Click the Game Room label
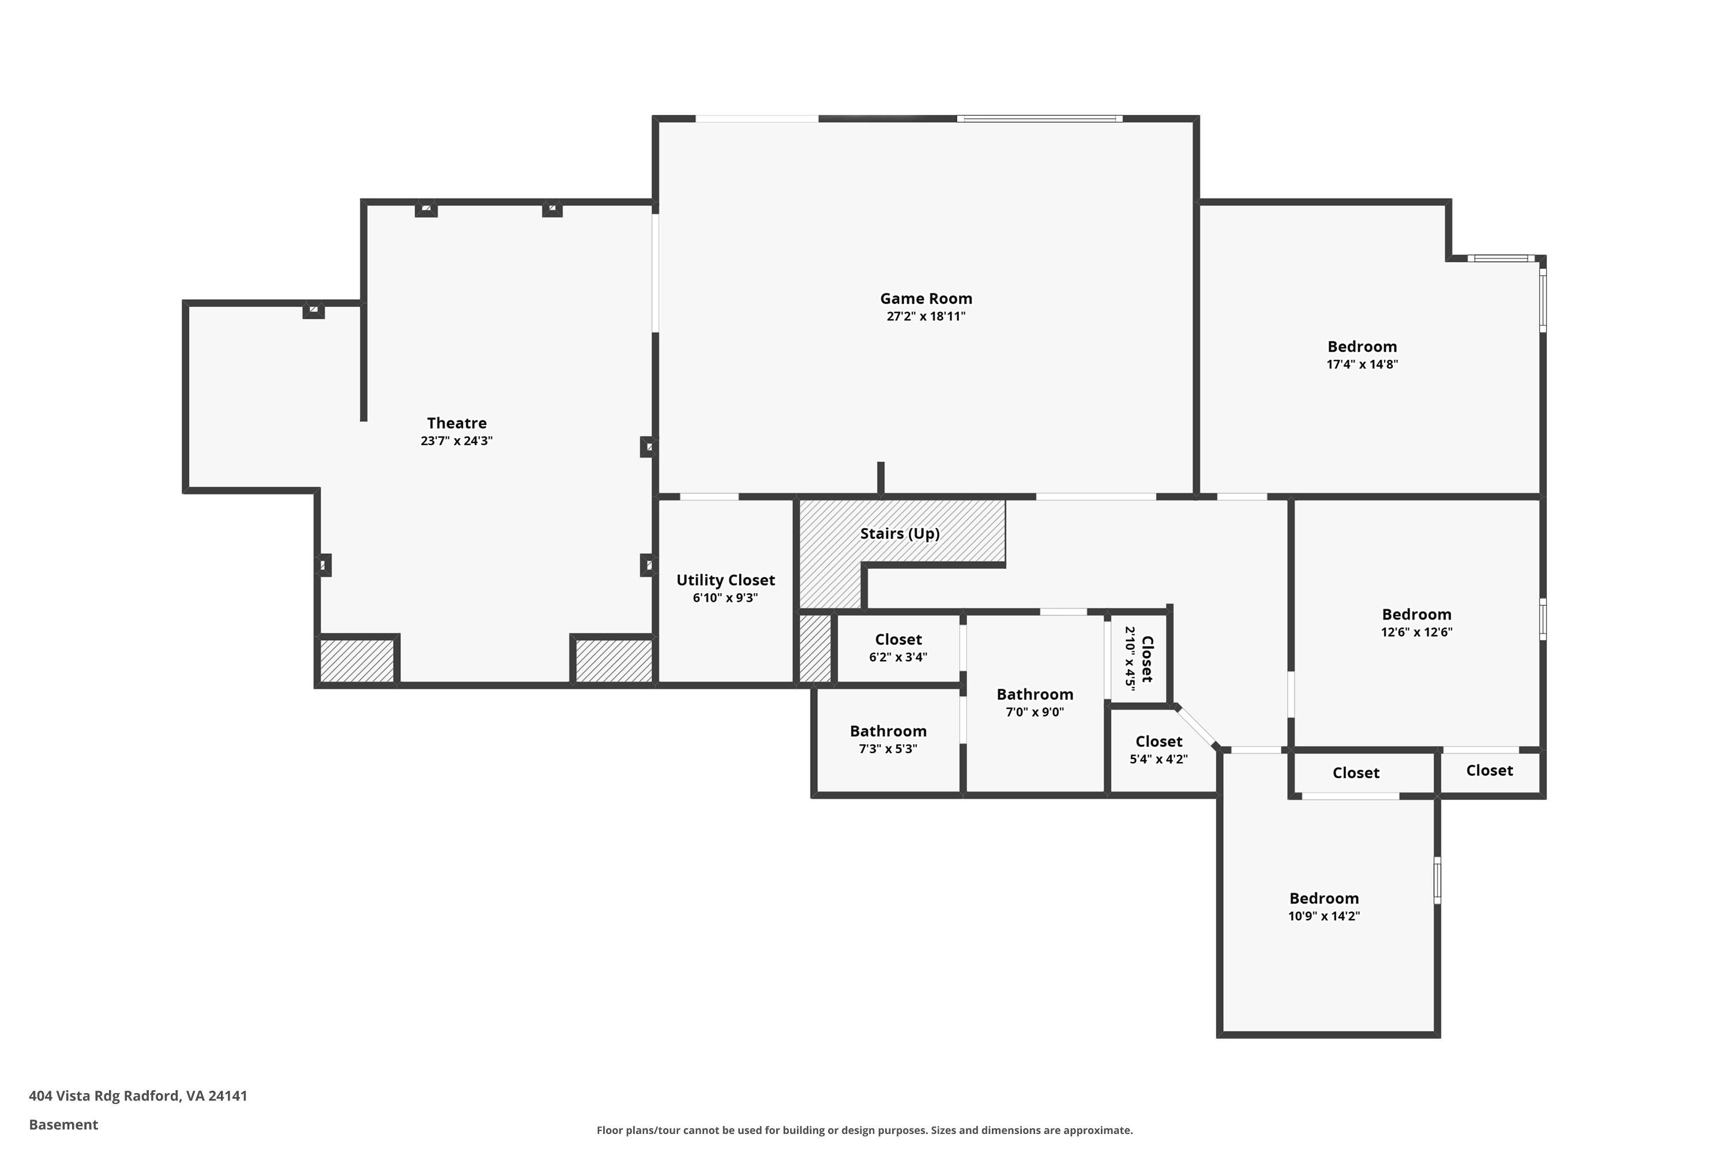[926, 299]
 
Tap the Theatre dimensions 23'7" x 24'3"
[456, 441]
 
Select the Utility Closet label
[725, 580]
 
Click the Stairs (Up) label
[900, 533]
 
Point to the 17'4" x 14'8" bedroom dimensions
[1362, 364]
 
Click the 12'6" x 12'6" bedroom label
[1416, 615]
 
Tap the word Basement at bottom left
[63, 1124]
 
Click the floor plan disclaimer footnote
[864, 1130]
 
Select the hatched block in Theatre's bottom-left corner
[357, 660]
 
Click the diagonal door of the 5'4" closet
[1196, 726]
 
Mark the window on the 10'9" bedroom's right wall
[1436, 880]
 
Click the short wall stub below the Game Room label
[881, 477]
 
